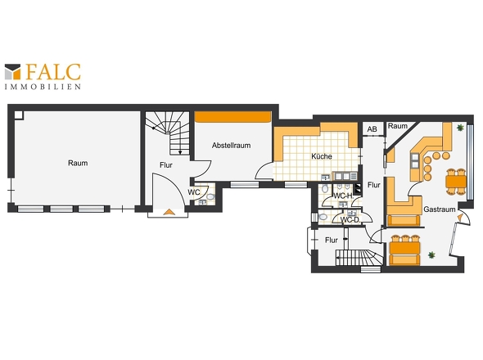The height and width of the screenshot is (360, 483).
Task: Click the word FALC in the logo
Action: click(x=53, y=72)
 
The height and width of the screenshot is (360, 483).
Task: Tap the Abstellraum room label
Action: click(x=231, y=146)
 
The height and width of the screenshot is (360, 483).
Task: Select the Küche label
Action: click(x=321, y=156)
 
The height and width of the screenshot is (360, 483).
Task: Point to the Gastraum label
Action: click(x=440, y=209)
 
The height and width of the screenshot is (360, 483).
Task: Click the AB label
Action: click(x=372, y=129)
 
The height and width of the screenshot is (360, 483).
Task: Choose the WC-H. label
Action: click(x=344, y=196)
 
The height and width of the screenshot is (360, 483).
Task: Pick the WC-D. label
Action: click(x=350, y=220)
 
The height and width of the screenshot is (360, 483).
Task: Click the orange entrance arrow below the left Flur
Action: click(x=169, y=212)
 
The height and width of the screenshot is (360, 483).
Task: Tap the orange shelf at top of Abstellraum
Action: click(x=232, y=117)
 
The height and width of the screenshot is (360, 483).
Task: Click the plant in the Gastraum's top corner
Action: click(x=460, y=128)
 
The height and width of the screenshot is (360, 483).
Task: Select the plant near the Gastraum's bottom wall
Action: click(x=431, y=254)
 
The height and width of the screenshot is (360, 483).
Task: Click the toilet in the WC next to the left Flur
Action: click(x=210, y=196)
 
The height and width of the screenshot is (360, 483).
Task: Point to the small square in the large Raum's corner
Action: click(x=19, y=115)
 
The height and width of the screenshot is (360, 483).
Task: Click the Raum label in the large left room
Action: click(x=78, y=163)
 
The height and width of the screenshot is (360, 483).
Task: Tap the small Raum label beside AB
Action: click(x=397, y=126)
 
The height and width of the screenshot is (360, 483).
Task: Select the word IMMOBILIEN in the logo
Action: click(x=43, y=87)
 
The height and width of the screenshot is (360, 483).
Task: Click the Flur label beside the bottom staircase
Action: click(x=332, y=240)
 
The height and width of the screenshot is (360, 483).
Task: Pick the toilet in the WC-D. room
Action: click(x=323, y=217)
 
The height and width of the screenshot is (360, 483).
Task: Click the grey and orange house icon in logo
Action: click(x=12, y=72)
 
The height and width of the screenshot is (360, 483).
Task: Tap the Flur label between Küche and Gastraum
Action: click(x=374, y=185)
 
